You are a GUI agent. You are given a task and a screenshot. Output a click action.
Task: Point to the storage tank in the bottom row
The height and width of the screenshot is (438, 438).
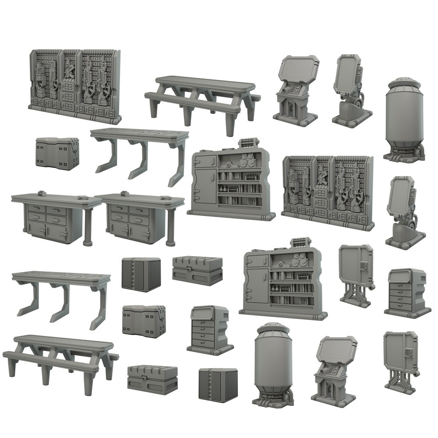click(x=274, y=364)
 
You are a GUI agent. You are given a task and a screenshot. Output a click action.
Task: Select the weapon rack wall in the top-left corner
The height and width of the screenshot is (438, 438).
click(x=74, y=85)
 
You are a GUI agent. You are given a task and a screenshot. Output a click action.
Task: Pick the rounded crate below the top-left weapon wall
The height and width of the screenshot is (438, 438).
click(x=57, y=152)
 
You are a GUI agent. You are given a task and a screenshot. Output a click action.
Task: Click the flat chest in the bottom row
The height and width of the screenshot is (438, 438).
click(x=152, y=379)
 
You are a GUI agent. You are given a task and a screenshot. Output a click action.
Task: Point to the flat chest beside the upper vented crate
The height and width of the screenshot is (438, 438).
click(x=197, y=270)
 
